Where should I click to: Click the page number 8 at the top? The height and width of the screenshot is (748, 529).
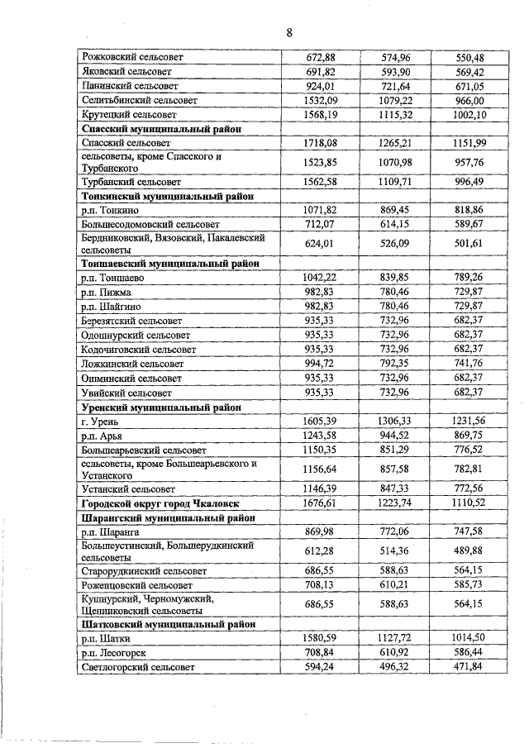tap(289, 32)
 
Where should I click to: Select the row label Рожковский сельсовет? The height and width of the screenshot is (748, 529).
tap(131, 58)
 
